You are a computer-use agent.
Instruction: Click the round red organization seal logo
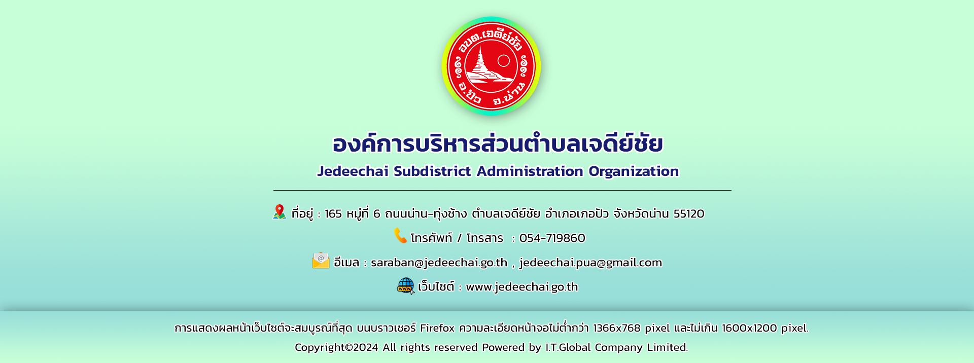(x=491, y=66)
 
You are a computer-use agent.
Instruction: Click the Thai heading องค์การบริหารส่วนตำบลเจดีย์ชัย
(x=498, y=143)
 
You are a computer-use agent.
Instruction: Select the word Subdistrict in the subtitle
(x=432, y=171)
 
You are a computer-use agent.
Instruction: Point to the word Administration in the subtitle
(x=530, y=171)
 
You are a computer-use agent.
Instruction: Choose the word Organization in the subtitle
(x=634, y=172)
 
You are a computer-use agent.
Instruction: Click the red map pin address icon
(x=279, y=211)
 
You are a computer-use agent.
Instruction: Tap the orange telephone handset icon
(x=401, y=236)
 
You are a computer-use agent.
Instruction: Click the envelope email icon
(x=321, y=261)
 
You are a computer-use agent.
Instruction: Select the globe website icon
(x=406, y=286)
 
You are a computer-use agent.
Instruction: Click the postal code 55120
(x=689, y=214)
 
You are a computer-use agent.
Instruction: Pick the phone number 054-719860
(x=552, y=238)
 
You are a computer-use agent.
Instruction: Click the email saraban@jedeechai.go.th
(x=439, y=263)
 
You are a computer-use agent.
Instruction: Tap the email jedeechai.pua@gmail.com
(x=590, y=263)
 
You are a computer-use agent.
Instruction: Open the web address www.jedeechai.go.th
(x=522, y=287)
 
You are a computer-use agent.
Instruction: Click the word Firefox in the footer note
(x=437, y=328)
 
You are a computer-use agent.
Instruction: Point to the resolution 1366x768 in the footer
(x=617, y=328)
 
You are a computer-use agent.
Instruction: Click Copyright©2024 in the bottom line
(x=336, y=347)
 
